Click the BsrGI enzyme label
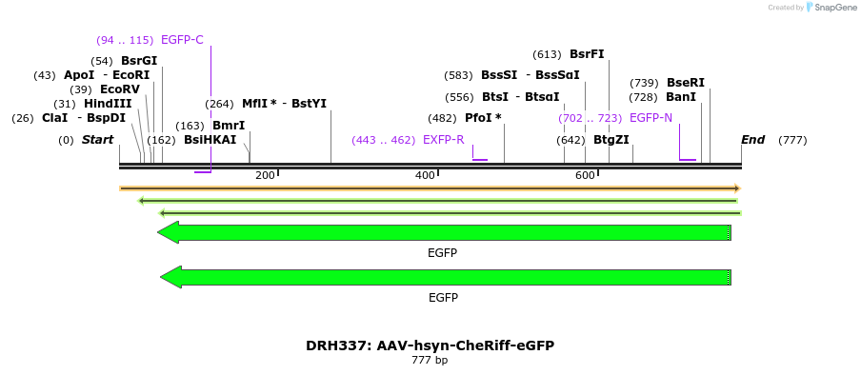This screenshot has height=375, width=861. [x=139, y=61]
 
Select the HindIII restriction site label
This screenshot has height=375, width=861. [x=108, y=104]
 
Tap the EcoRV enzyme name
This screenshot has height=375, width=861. [x=120, y=89]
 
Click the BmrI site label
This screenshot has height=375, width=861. [x=229, y=126]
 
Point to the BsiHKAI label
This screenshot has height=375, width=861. [x=210, y=140]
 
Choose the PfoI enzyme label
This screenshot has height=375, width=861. [x=483, y=118]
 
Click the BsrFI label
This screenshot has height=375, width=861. [x=587, y=54]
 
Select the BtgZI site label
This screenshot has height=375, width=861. [x=611, y=140]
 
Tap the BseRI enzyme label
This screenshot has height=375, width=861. [x=686, y=83]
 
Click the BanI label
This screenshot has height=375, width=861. [x=681, y=97]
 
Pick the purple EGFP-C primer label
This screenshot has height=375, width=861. [x=182, y=40]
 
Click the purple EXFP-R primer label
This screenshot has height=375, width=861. [x=444, y=140]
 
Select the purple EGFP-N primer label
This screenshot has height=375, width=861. [x=651, y=118]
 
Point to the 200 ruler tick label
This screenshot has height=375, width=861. [x=265, y=175]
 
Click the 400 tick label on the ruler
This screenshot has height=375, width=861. [x=425, y=175]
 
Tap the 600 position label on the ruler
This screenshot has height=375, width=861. [x=585, y=175]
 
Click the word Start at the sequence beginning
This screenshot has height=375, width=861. [x=98, y=140]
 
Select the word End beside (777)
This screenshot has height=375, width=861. [x=753, y=140]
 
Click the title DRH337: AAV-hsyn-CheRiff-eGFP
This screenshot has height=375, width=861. [x=430, y=345]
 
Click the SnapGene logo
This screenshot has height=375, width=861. [x=831, y=8]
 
